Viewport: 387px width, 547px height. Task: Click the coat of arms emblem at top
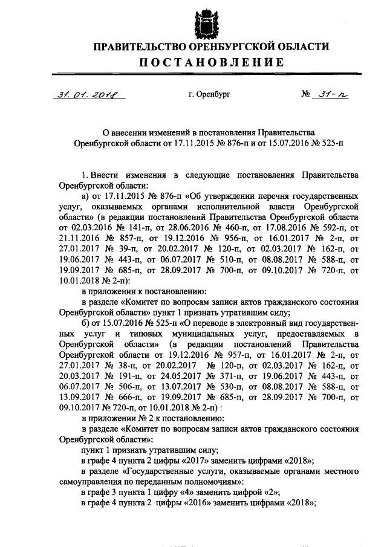[204, 22]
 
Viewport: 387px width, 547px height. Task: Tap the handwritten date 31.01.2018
[86, 95]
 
